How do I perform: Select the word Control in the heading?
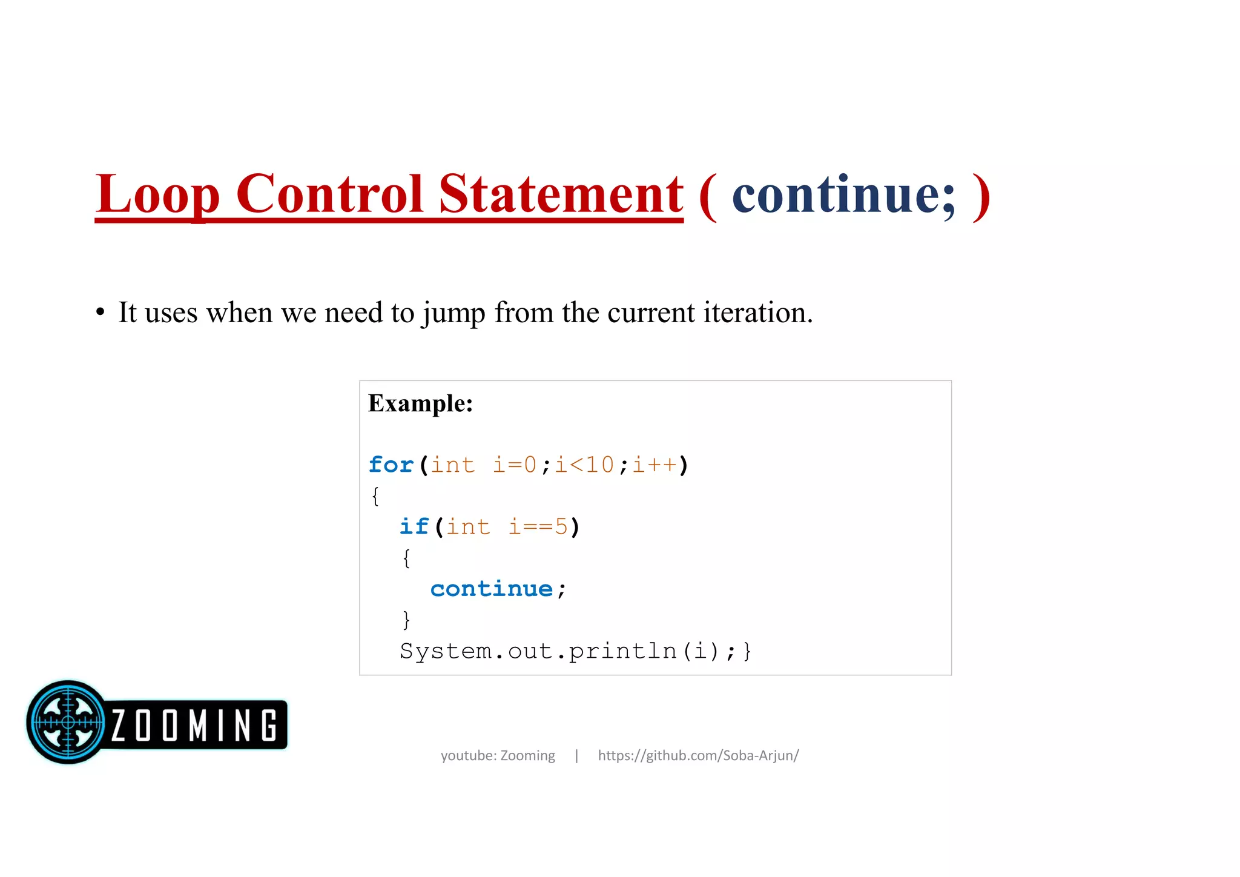(x=329, y=194)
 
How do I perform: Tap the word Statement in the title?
(x=561, y=194)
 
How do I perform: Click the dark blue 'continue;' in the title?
(x=844, y=194)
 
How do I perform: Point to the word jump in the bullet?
(x=453, y=313)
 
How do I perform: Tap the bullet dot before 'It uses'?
(x=101, y=313)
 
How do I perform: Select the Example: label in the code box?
(x=420, y=403)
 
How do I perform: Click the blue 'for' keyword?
(x=391, y=465)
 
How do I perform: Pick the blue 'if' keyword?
(x=414, y=527)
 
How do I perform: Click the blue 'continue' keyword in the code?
(x=492, y=589)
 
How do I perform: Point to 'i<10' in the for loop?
(x=584, y=465)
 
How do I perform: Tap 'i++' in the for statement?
(x=655, y=465)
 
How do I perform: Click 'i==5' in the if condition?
(x=538, y=527)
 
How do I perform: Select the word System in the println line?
(x=446, y=651)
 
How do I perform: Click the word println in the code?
(x=622, y=651)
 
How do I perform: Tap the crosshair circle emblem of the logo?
(x=68, y=722)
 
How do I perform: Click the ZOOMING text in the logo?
(x=194, y=725)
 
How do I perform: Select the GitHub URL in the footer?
(x=698, y=755)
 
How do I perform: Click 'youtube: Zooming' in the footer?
(x=498, y=755)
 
